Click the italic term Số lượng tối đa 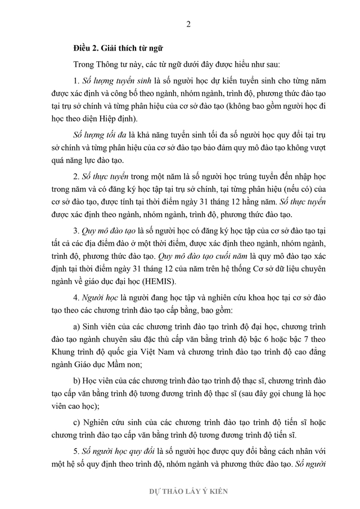(x=98, y=137)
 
